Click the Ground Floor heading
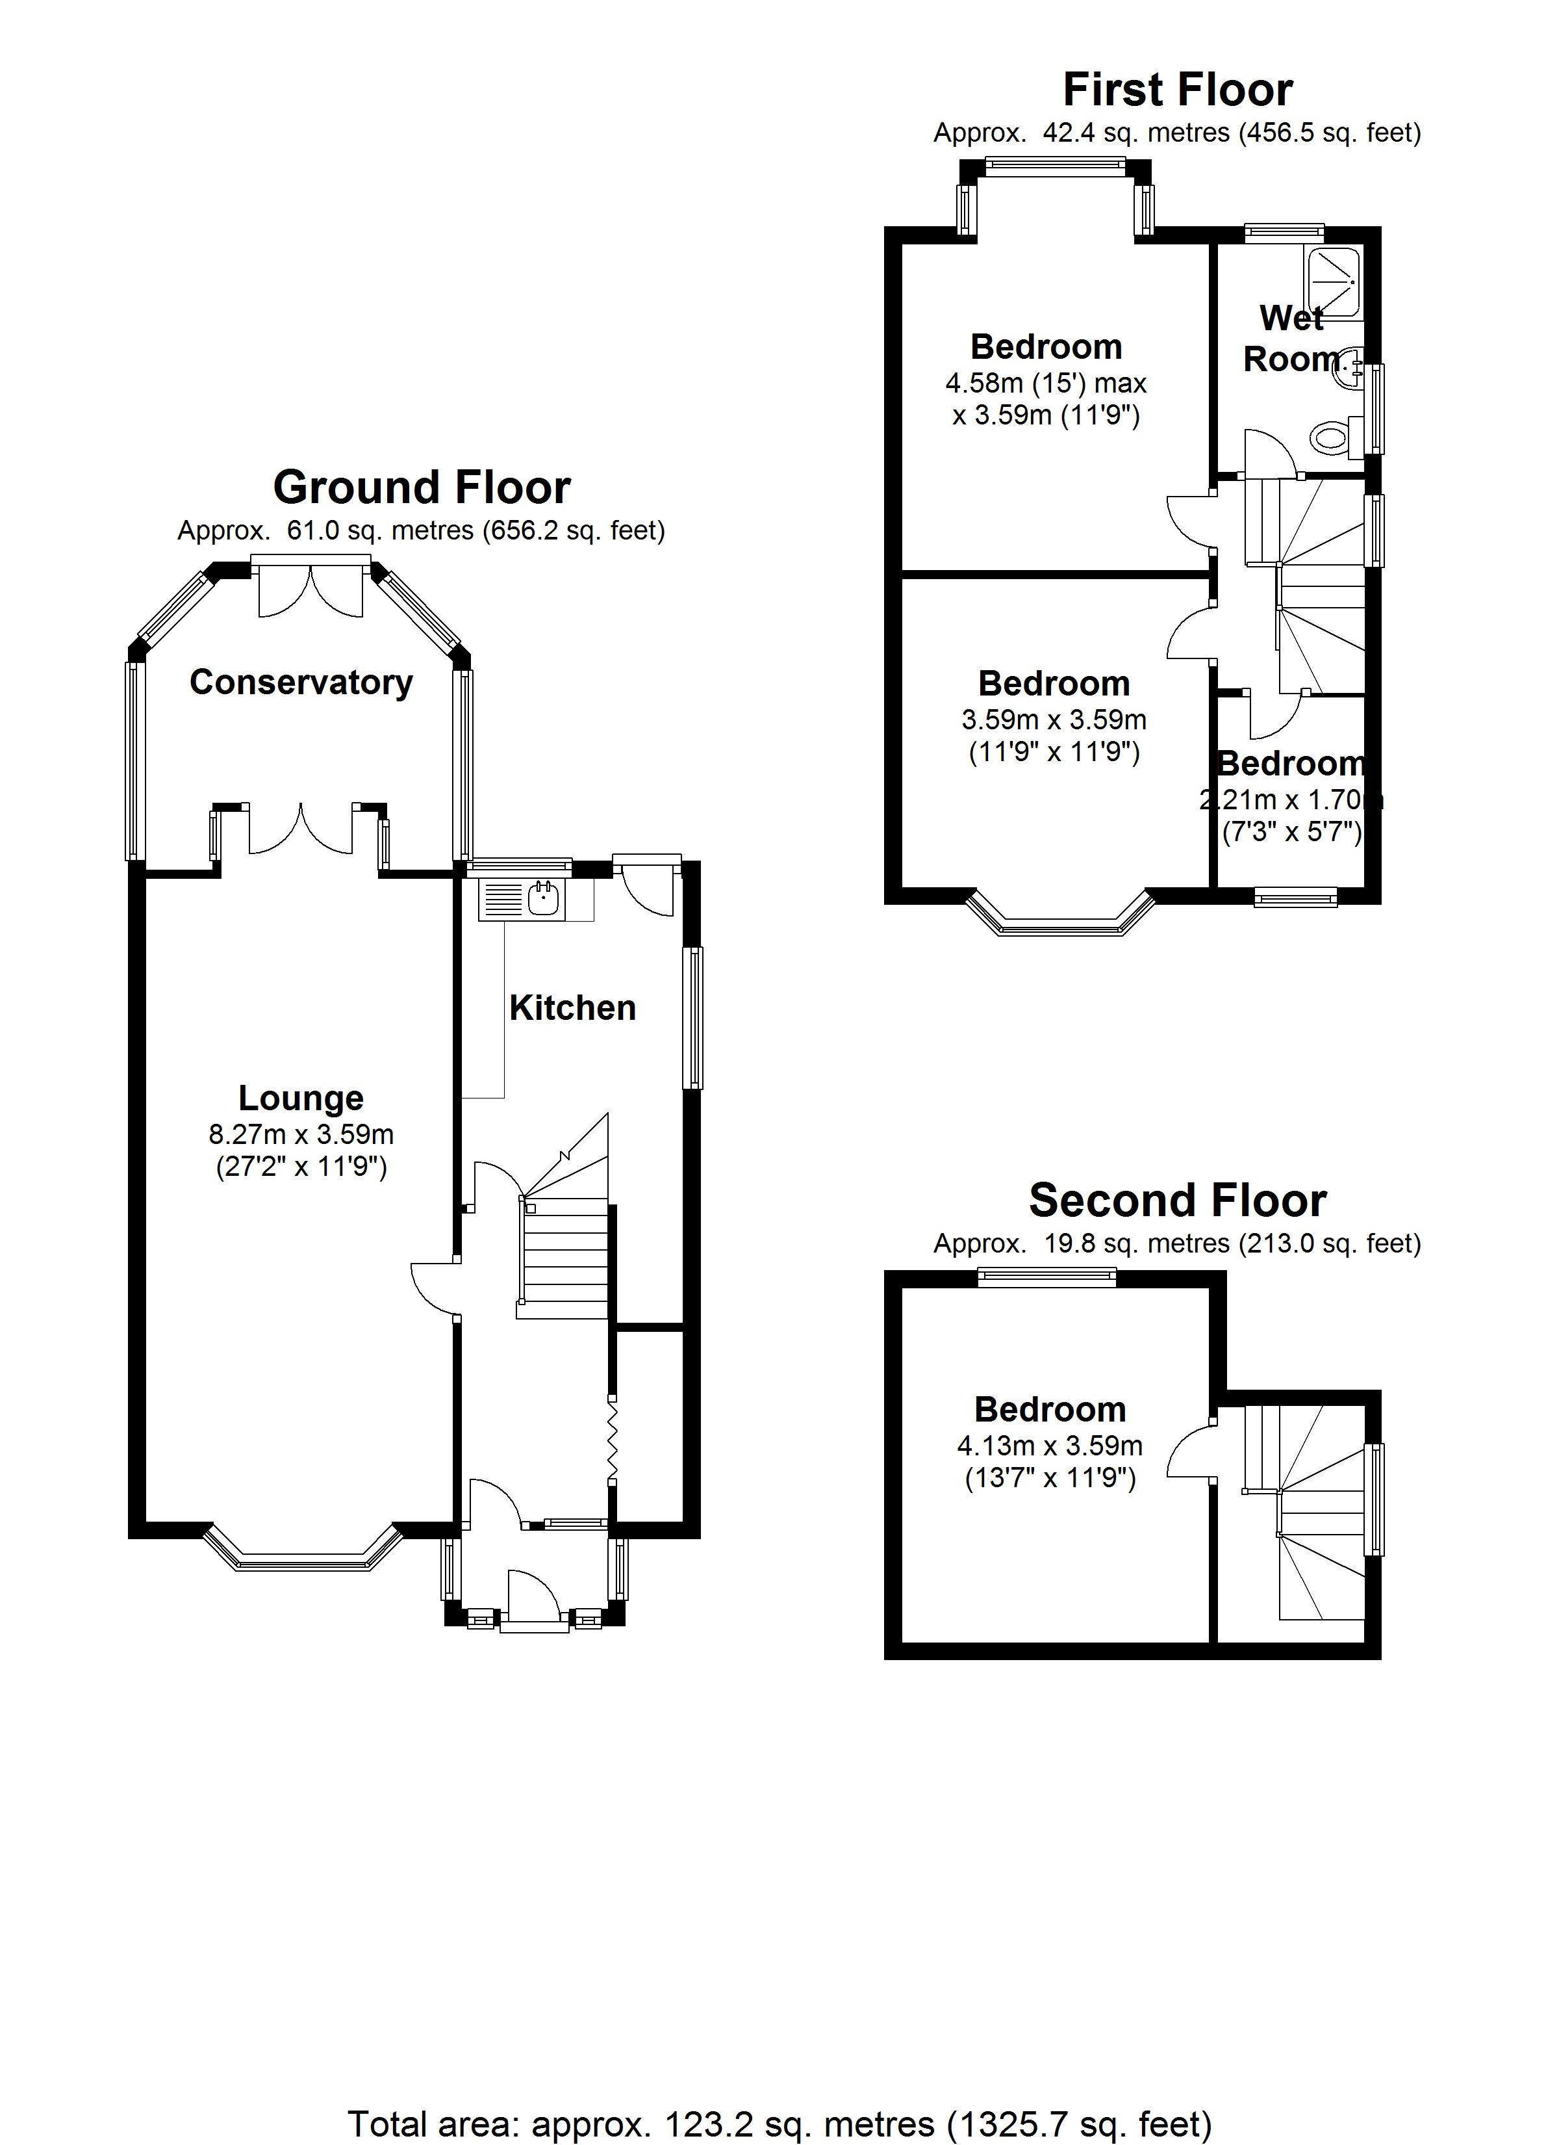(422, 488)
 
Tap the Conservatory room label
(301, 682)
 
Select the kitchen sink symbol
(542, 898)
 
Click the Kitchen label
(572, 1007)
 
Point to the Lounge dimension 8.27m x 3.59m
(301, 1134)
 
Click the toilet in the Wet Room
(1332, 437)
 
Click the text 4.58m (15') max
(1046, 384)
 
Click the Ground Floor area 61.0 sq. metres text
(422, 530)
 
